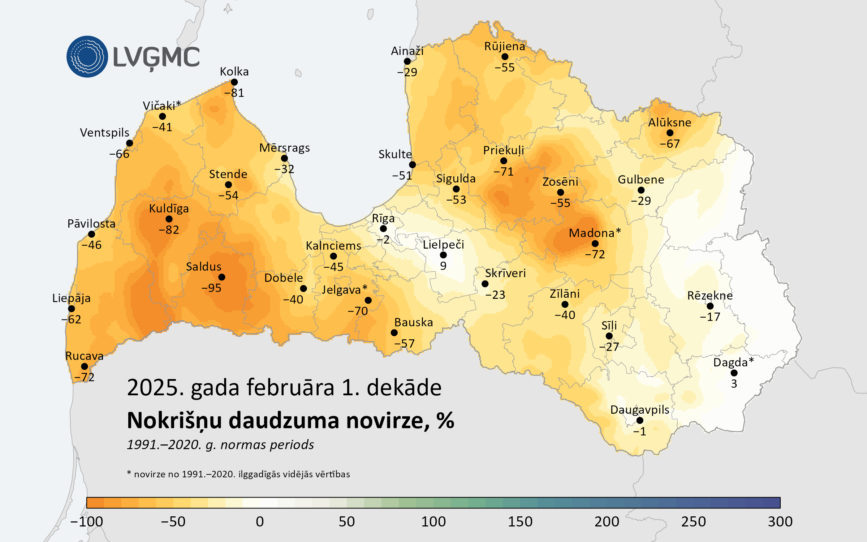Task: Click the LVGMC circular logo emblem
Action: tap(87, 56)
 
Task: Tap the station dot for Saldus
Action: tap(222, 277)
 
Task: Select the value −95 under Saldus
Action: tap(211, 288)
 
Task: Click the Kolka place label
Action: tap(234, 72)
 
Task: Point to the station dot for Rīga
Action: tap(383, 229)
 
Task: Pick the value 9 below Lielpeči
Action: tap(443, 266)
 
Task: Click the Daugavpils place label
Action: tap(639, 410)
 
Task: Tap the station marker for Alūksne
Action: tap(670, 133)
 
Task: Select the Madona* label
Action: tap(595, 233)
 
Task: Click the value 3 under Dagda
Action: tap(734, 384)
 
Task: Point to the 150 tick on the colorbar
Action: tap(520, 521)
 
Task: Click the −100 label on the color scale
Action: tap(87, 521)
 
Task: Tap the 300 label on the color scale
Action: tap(780, 521)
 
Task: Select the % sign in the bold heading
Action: tap(445, 421)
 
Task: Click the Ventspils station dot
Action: tap(129, 143)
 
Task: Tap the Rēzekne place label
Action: tap(710, 296)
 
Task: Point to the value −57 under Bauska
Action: tap(404, 344)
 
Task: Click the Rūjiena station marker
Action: tap(505, 57)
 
